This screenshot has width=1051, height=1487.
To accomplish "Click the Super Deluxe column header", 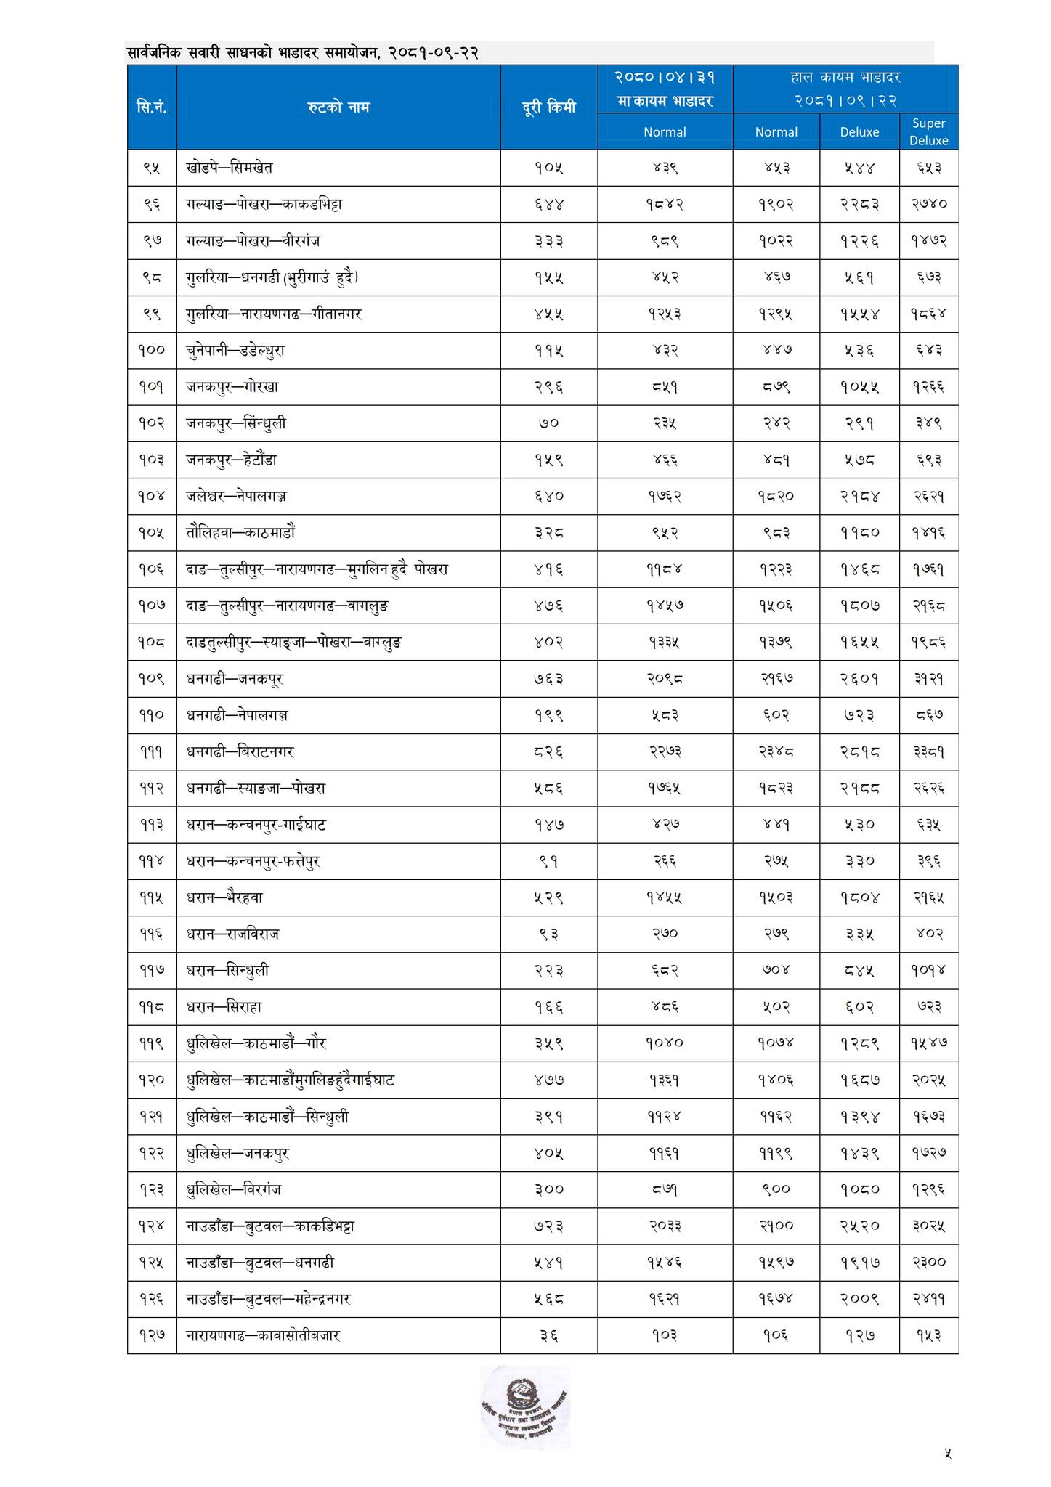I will click(x=928, y=131).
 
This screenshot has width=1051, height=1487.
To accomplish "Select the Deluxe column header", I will click(x=859, y=131).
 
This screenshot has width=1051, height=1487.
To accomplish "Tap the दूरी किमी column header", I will click(x=548, y=107).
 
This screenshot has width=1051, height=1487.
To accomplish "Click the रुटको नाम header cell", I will click(x=338, y=107).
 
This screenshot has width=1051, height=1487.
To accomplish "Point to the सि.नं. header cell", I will click(x=152, y=107).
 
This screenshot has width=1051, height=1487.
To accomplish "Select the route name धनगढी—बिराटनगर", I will click(x=240, y=751).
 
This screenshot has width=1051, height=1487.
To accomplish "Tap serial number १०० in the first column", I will click(x=152, y=350).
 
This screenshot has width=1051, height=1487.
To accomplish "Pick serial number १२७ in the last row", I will click(x=152, y=1335).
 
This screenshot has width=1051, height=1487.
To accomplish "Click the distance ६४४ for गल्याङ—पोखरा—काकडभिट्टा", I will click(x=548, y=204).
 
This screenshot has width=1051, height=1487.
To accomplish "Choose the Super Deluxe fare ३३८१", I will click(x=928, y=751).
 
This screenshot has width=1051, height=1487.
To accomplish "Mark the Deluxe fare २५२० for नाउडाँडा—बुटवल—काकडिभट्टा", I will click(x=859, y=1226).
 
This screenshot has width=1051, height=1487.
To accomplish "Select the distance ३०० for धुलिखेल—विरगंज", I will click(x=548, y=1189).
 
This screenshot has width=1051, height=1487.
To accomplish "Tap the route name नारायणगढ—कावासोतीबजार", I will click(x=263, y=1335).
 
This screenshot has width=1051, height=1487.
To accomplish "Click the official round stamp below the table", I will click(x=524, y=1407).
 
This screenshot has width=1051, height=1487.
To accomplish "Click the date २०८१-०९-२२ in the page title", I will click(x=433, y=53).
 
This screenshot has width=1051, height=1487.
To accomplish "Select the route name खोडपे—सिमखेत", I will click(x=230, y=168).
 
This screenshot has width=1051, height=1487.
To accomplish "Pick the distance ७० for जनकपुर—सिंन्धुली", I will click(x=548, y=423).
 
